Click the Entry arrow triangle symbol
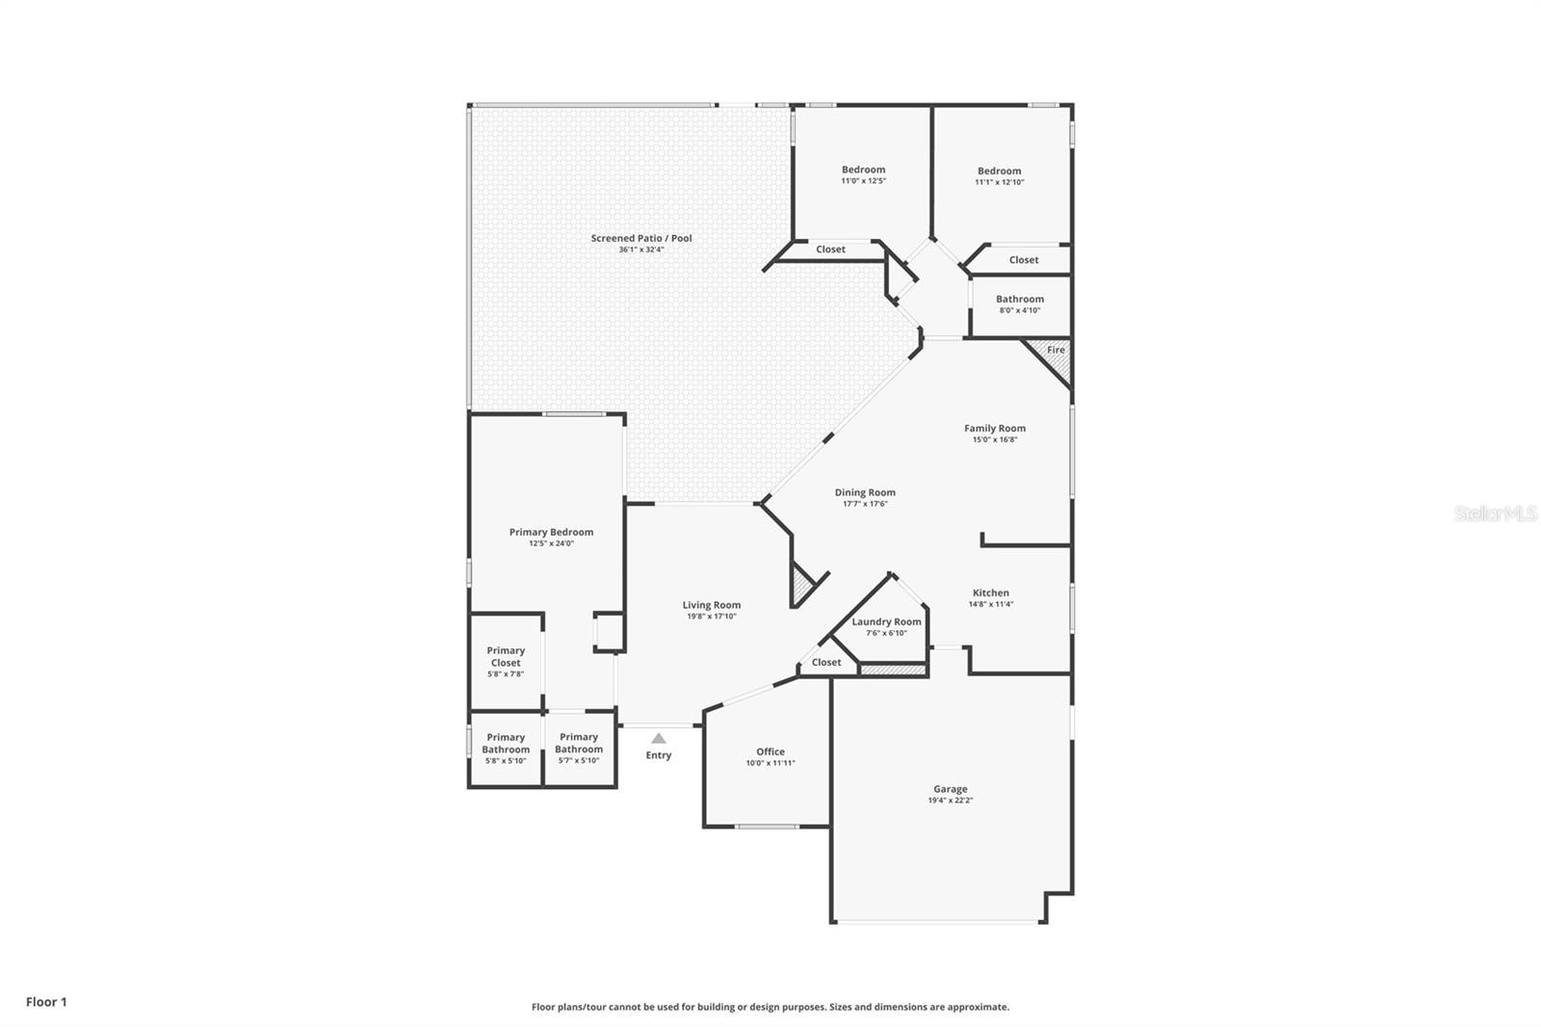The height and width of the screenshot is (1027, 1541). click(x=658, y=739)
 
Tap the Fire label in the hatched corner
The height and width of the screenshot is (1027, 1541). click(x=1056, y=350)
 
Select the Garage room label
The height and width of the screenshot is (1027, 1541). click(x=950, y=789)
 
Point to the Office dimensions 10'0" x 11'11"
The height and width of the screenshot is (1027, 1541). click(x=770, y=763)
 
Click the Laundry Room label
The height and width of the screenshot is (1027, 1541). click(x=886, y=621)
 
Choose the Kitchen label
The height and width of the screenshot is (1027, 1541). click(x=990, y=593)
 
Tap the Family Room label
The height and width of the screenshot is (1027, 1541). click(x=995, y=429)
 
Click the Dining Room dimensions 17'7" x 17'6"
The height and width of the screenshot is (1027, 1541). click(x=865, y=504)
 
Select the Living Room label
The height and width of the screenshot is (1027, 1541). click(x=712, y=605)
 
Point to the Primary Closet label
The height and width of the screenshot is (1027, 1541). click(x=506, y=656)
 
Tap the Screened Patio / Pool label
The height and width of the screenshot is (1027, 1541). click(x=641, y=238)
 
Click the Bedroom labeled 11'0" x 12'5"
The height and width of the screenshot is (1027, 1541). click(x=863, y=170)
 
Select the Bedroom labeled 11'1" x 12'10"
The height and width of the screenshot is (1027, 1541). click(x=999, y=171)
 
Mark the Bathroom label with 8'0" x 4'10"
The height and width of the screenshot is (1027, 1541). click(x=1019, y=299)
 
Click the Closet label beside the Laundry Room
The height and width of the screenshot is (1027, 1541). click(x=826, y=662)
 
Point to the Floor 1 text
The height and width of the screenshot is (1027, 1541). click(x=46, y=1002)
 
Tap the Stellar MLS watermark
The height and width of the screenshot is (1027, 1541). click(x=1495, y=513)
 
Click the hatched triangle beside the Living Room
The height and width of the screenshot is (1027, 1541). click(x=800, y=584)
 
